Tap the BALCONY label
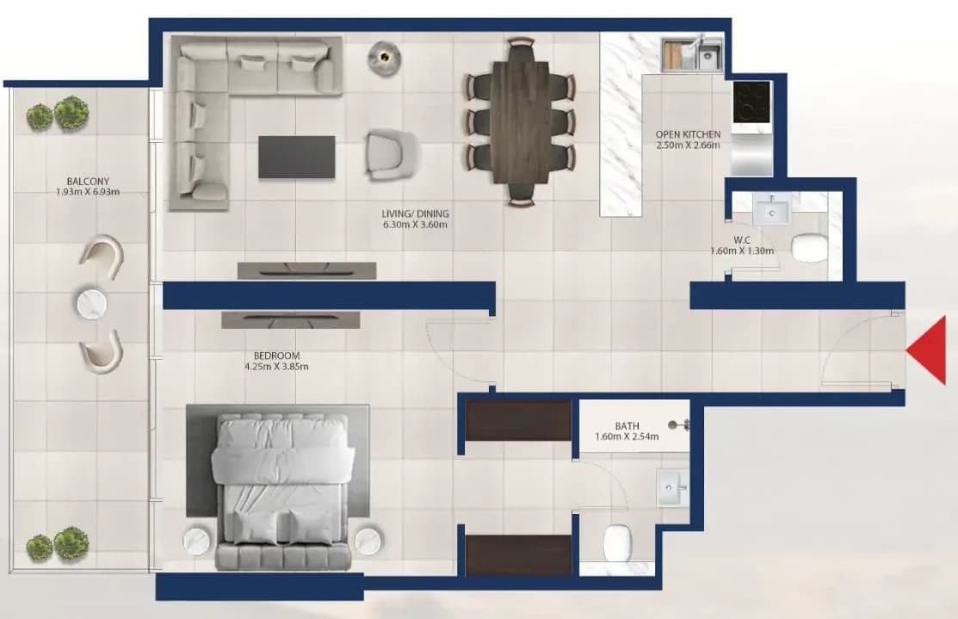88,182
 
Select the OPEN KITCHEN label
688,134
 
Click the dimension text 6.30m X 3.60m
415,225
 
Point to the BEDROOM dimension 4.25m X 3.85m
276,367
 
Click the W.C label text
742,240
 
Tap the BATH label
627,426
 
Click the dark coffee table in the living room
296,157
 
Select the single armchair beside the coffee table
392,155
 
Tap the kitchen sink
708,57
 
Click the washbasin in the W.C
772,212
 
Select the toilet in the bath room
617,542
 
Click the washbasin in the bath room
672,487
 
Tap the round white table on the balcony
92,304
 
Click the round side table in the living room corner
384,58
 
